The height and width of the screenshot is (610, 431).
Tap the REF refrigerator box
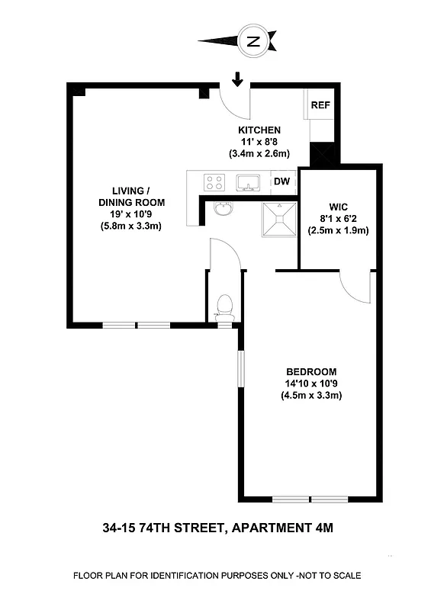click(320, 104)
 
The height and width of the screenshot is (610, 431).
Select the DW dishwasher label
click(282, 181)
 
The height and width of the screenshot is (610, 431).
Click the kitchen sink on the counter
click(247, 182)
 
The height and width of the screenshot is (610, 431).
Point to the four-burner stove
click(214, 182)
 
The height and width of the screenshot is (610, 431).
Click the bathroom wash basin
click(224, 207)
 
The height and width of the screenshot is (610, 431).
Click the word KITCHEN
click(260, 130)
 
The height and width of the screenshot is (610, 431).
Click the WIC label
click(339, 205)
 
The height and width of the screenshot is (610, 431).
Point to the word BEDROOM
click(310, 371)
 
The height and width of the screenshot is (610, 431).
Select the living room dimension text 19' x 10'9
click(131, 214)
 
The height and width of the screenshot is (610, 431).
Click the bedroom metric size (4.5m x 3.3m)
click(310, 395)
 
